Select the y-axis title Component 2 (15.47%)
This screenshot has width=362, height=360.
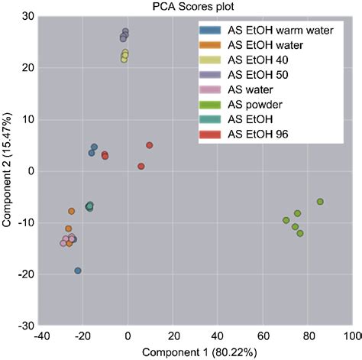8,171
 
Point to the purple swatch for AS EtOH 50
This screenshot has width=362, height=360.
211,74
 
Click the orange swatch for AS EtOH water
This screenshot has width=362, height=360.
211,45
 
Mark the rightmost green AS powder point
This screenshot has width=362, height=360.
320,202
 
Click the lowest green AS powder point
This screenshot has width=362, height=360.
300,233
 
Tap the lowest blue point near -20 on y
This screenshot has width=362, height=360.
78,271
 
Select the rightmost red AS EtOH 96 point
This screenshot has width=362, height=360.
150,145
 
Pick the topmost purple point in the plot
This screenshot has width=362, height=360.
125,32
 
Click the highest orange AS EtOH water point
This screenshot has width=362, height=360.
72,211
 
